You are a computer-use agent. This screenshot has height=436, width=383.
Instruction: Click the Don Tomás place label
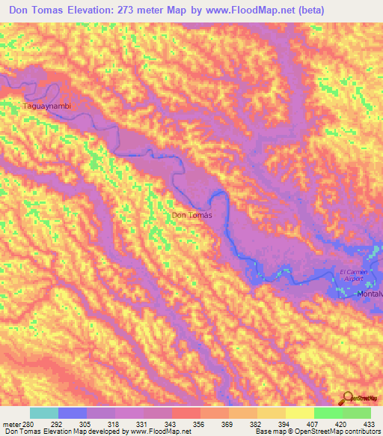[x=192, y=216]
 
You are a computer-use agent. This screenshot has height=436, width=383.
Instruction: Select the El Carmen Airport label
[x=351, y=275]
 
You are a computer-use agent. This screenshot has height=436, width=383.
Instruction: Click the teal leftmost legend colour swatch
[x=44, y=413]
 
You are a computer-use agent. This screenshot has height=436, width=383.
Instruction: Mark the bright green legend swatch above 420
[x=328, y=413]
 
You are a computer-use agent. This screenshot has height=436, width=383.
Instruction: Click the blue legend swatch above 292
[x=73, y=413]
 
